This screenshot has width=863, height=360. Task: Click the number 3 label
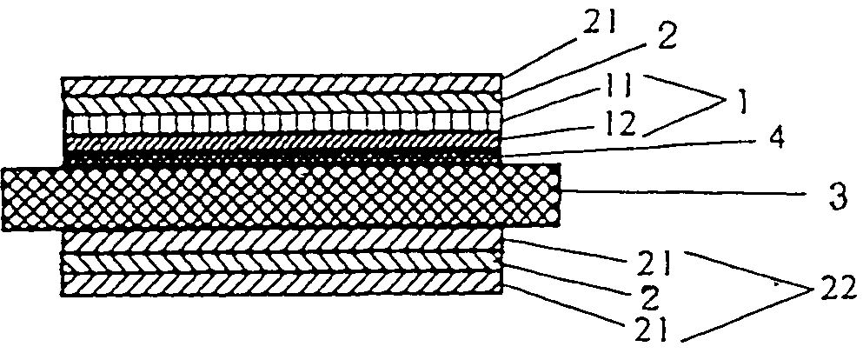pos(837,197)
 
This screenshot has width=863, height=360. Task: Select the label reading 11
pos(618,88)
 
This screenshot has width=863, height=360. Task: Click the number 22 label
pos(837,289)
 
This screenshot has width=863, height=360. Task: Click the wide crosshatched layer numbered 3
pos(282,197)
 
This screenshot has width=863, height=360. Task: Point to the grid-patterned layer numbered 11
pos(282,123)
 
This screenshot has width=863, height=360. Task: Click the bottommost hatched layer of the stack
pos(282,284)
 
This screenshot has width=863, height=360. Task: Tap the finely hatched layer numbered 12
pos(282,142)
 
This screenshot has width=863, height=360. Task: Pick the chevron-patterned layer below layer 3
pos(282,263)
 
